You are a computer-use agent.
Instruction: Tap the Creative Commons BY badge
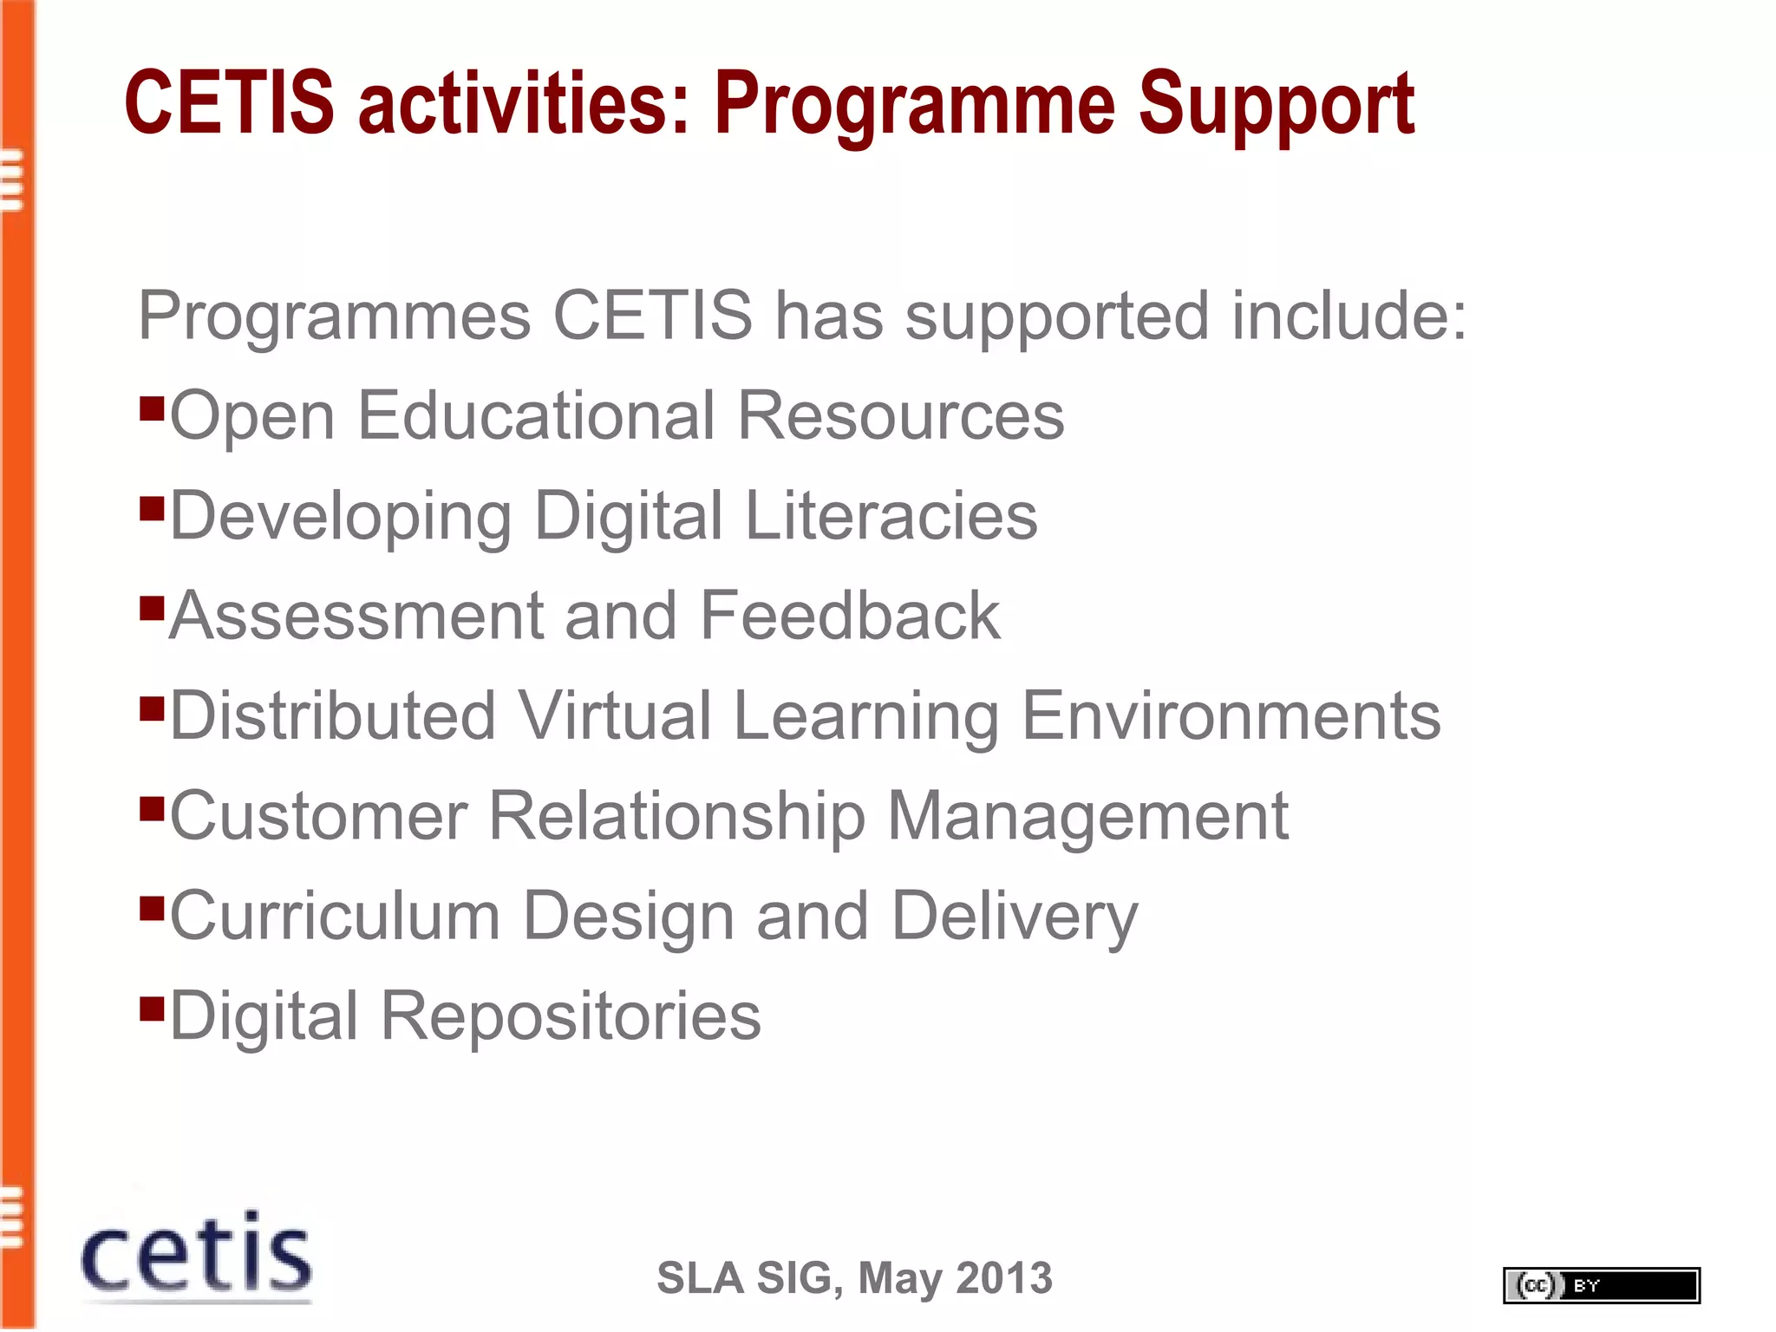click(1601, 1285)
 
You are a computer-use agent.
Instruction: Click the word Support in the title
click(1276, 104)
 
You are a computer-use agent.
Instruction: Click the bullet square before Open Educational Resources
click(152, 408)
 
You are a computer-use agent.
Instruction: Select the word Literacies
click(891, 516)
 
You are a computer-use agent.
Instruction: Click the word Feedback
click(849, 616)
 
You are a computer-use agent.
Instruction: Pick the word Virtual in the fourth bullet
click(615, 716)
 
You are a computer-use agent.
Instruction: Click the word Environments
click(1231, 716)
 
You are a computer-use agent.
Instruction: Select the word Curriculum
click(335, 916)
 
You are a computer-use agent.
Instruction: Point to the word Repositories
click(571, 1016)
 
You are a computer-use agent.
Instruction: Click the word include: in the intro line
click(1349, 316)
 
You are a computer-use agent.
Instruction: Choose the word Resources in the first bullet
click(900, 416)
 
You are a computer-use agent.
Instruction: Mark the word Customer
click(318, 817)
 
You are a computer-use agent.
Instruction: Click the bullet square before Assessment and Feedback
click(152, 608)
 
